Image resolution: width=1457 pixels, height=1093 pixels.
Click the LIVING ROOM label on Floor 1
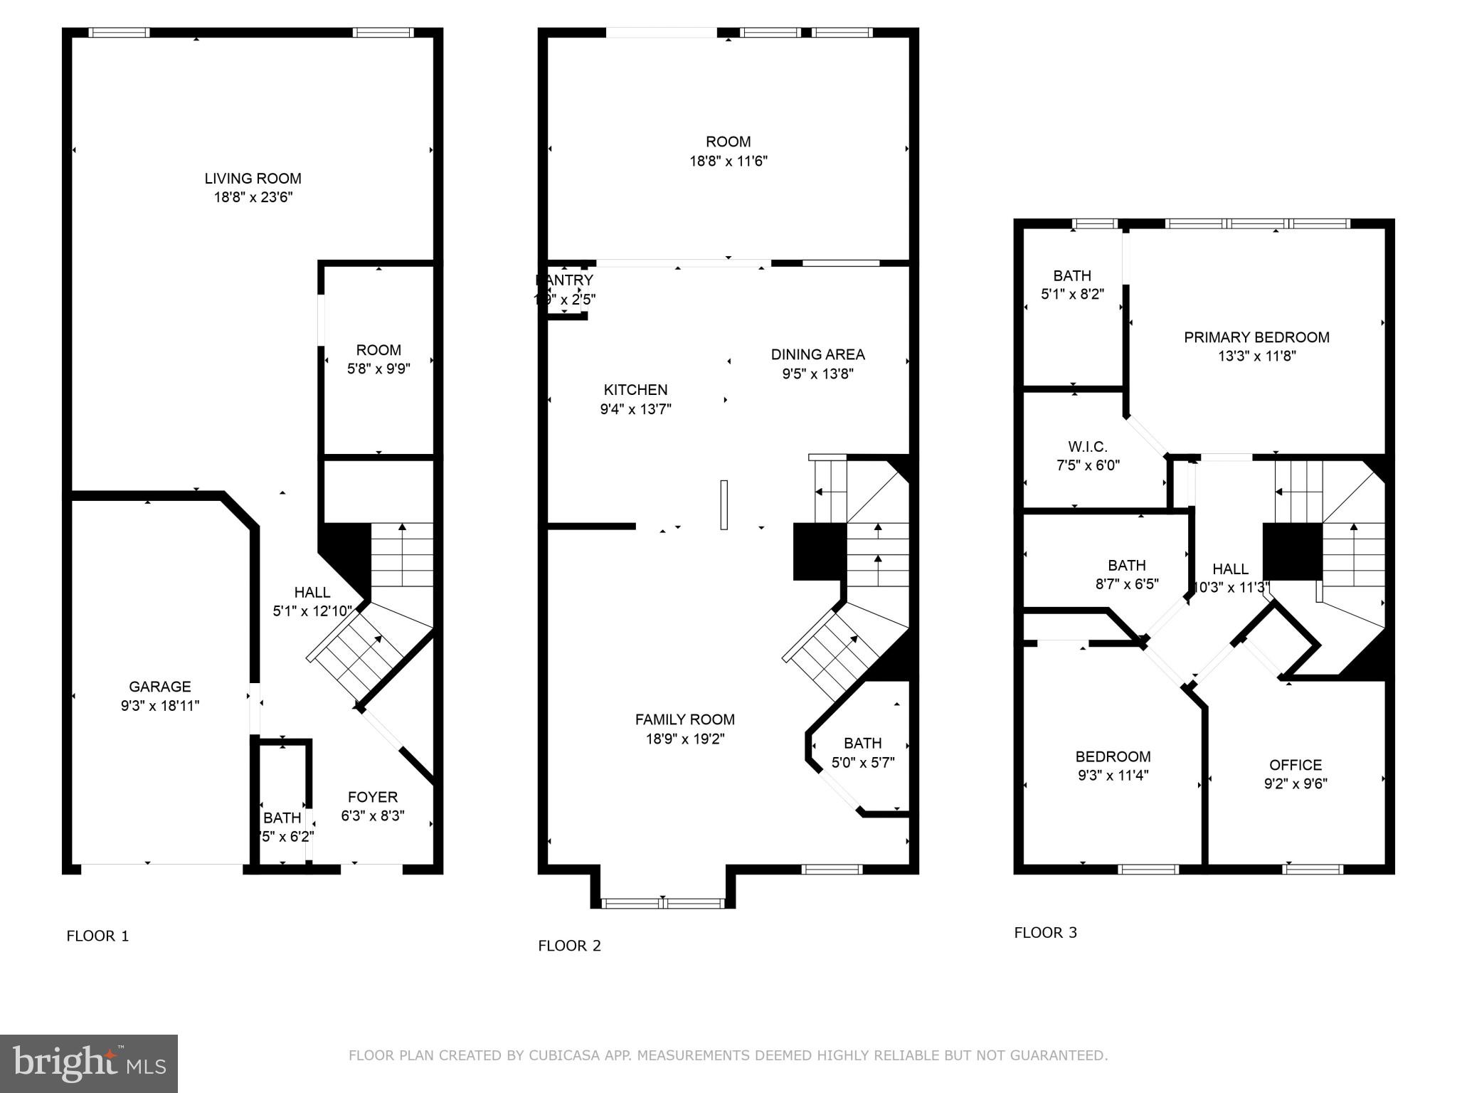tap(253, 179)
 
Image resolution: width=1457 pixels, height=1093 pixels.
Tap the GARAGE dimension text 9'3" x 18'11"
tap(159, 706)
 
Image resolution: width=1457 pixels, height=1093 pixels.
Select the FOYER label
tap(372, 797)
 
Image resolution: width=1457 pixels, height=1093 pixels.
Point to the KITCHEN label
tap(635, 390)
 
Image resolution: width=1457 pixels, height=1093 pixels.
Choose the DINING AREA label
tap(817, 354)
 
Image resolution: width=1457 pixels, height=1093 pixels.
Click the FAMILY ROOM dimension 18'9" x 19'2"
tap(684, 739)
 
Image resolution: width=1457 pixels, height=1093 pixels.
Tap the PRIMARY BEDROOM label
tap(1256, 337)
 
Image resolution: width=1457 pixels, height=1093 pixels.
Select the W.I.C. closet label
tap(1087, 447)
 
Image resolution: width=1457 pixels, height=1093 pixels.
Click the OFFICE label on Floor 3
tap(1295, 765)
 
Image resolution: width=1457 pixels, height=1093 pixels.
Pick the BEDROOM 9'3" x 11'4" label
tap(1113, 756)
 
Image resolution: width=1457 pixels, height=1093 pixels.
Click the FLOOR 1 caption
tap(97, 936)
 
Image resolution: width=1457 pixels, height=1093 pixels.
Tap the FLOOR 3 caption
tap(1045, 932)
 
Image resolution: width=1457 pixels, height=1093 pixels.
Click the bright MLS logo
tap(89, 1064)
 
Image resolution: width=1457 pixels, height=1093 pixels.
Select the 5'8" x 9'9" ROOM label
tap(378, 359)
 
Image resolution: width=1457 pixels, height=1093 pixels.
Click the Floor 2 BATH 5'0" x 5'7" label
tap(862, 753)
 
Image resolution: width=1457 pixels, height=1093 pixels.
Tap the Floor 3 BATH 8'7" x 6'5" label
tap(1126, 574)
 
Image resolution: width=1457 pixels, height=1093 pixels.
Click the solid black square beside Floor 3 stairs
tap(1292, 551)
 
